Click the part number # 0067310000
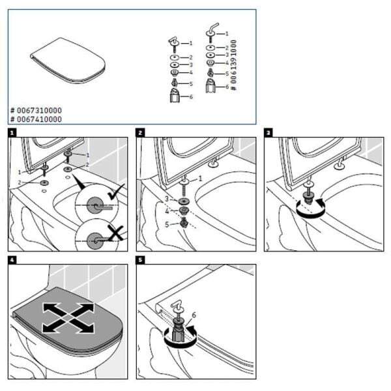pos(36,111)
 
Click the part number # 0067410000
pos(36,119)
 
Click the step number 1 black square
pos(12,132)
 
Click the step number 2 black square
pos(141,132)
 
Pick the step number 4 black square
pos(12,261)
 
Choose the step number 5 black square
pos(141,261)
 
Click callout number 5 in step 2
pos(167,225)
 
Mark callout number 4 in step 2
pos(167,211)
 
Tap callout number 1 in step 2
pos(201,178)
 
